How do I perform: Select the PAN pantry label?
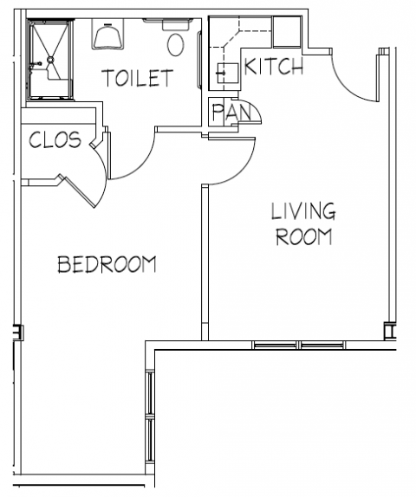point(228,113)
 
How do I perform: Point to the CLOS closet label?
point(55,139)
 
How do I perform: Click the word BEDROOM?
point(107,264)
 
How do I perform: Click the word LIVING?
point(302,210)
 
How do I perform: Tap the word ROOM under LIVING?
point(303,236)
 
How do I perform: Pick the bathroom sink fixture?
point(108,35)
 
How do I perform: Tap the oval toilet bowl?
point(177,43)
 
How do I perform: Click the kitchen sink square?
point(226,73)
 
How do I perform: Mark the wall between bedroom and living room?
point(204,260)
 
